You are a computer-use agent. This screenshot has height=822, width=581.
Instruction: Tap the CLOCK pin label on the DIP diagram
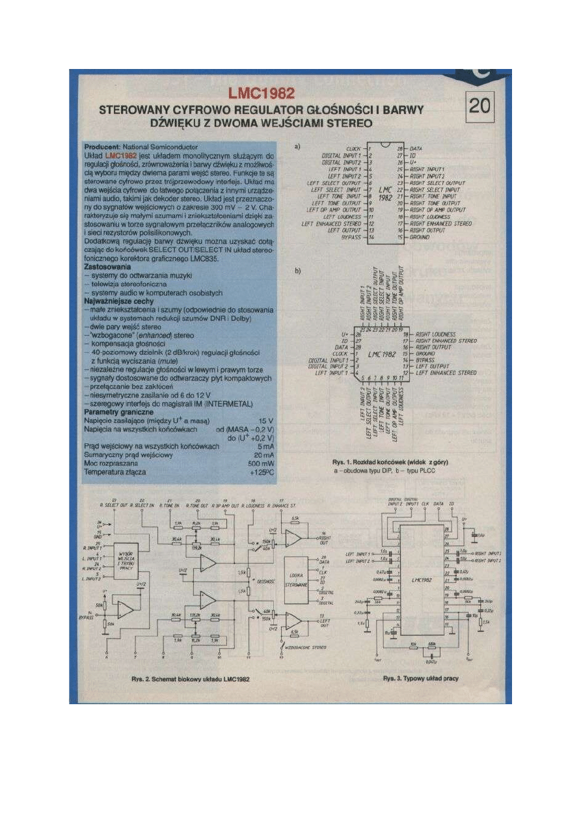tap(353, 149)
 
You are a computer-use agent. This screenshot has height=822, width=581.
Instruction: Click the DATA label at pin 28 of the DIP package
tap(416, 149)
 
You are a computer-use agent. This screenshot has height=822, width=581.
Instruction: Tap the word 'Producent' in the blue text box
tap(103, 148)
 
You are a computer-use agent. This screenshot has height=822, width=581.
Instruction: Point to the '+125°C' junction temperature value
tap(263, 472)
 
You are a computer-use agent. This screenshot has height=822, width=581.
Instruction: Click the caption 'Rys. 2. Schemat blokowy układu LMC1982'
tap(190, 679)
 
